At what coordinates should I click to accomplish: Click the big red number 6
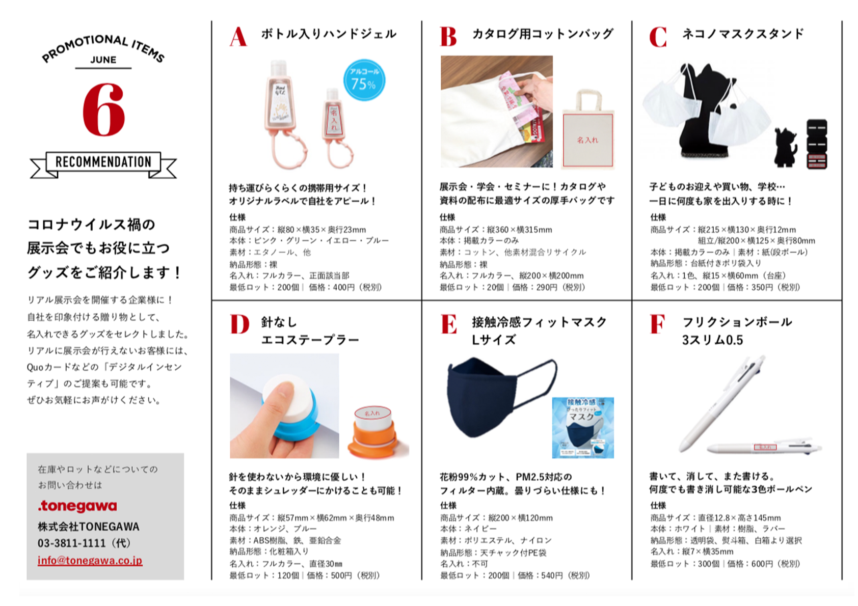[x=103, y=110]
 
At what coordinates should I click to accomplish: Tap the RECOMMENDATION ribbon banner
[x=103, y=162]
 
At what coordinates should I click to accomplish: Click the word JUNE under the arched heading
[x=103, y=60]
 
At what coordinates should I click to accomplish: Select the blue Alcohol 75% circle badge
[x=364, y=80]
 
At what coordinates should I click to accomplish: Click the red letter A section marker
[x=238, y=37]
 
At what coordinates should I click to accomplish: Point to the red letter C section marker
[x=658, y=37]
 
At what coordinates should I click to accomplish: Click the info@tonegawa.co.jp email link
[x=90, y=561]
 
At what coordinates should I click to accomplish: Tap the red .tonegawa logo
[x=77, y=506]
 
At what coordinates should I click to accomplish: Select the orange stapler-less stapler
[x=377, y=433]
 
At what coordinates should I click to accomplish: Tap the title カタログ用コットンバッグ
[x=543, y=34]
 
